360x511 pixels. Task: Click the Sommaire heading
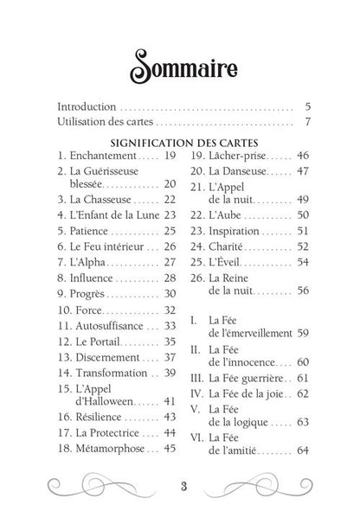tap(180, 65)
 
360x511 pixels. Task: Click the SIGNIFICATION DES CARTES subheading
tap(180, 141)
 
